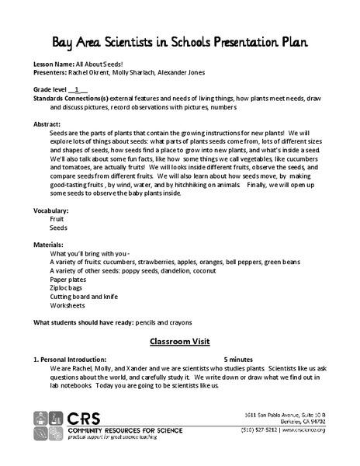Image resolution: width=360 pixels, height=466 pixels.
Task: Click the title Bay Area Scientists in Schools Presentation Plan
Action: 179,40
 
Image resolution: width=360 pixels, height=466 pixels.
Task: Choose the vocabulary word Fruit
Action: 57,220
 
